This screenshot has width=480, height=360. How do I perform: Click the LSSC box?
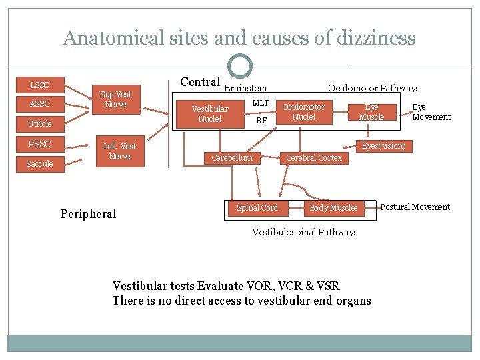tap(40, 85)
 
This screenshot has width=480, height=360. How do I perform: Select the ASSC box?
tap(40, 104)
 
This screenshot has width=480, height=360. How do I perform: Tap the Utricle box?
tap(40, 124)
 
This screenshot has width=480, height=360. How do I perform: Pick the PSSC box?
tap(40, 144)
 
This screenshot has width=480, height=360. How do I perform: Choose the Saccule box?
tap(40, 164)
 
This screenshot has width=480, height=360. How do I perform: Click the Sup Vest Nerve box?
tap(116, 99)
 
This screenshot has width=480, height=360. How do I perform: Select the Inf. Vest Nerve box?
tap(120, 151)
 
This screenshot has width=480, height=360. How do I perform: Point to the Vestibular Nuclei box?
tap(210, 114)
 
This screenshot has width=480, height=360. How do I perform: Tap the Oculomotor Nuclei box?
tap(304, 112)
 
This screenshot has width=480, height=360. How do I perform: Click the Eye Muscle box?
tap(372, 113)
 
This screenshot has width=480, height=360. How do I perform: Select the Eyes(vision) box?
tap(384, 146)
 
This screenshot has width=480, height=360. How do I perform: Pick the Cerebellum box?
tap(232, 158)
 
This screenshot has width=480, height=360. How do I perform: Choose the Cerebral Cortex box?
tap(314, 158)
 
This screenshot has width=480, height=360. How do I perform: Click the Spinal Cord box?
tap(258, 208)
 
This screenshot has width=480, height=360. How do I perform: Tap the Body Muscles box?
tap(334, 208)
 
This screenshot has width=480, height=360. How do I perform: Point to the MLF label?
tap(261, 103)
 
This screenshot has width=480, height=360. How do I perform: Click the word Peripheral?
tap(88, 214)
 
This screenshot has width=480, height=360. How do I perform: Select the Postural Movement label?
tap(415, 207)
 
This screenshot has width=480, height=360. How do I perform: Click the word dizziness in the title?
tap(376, 38)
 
